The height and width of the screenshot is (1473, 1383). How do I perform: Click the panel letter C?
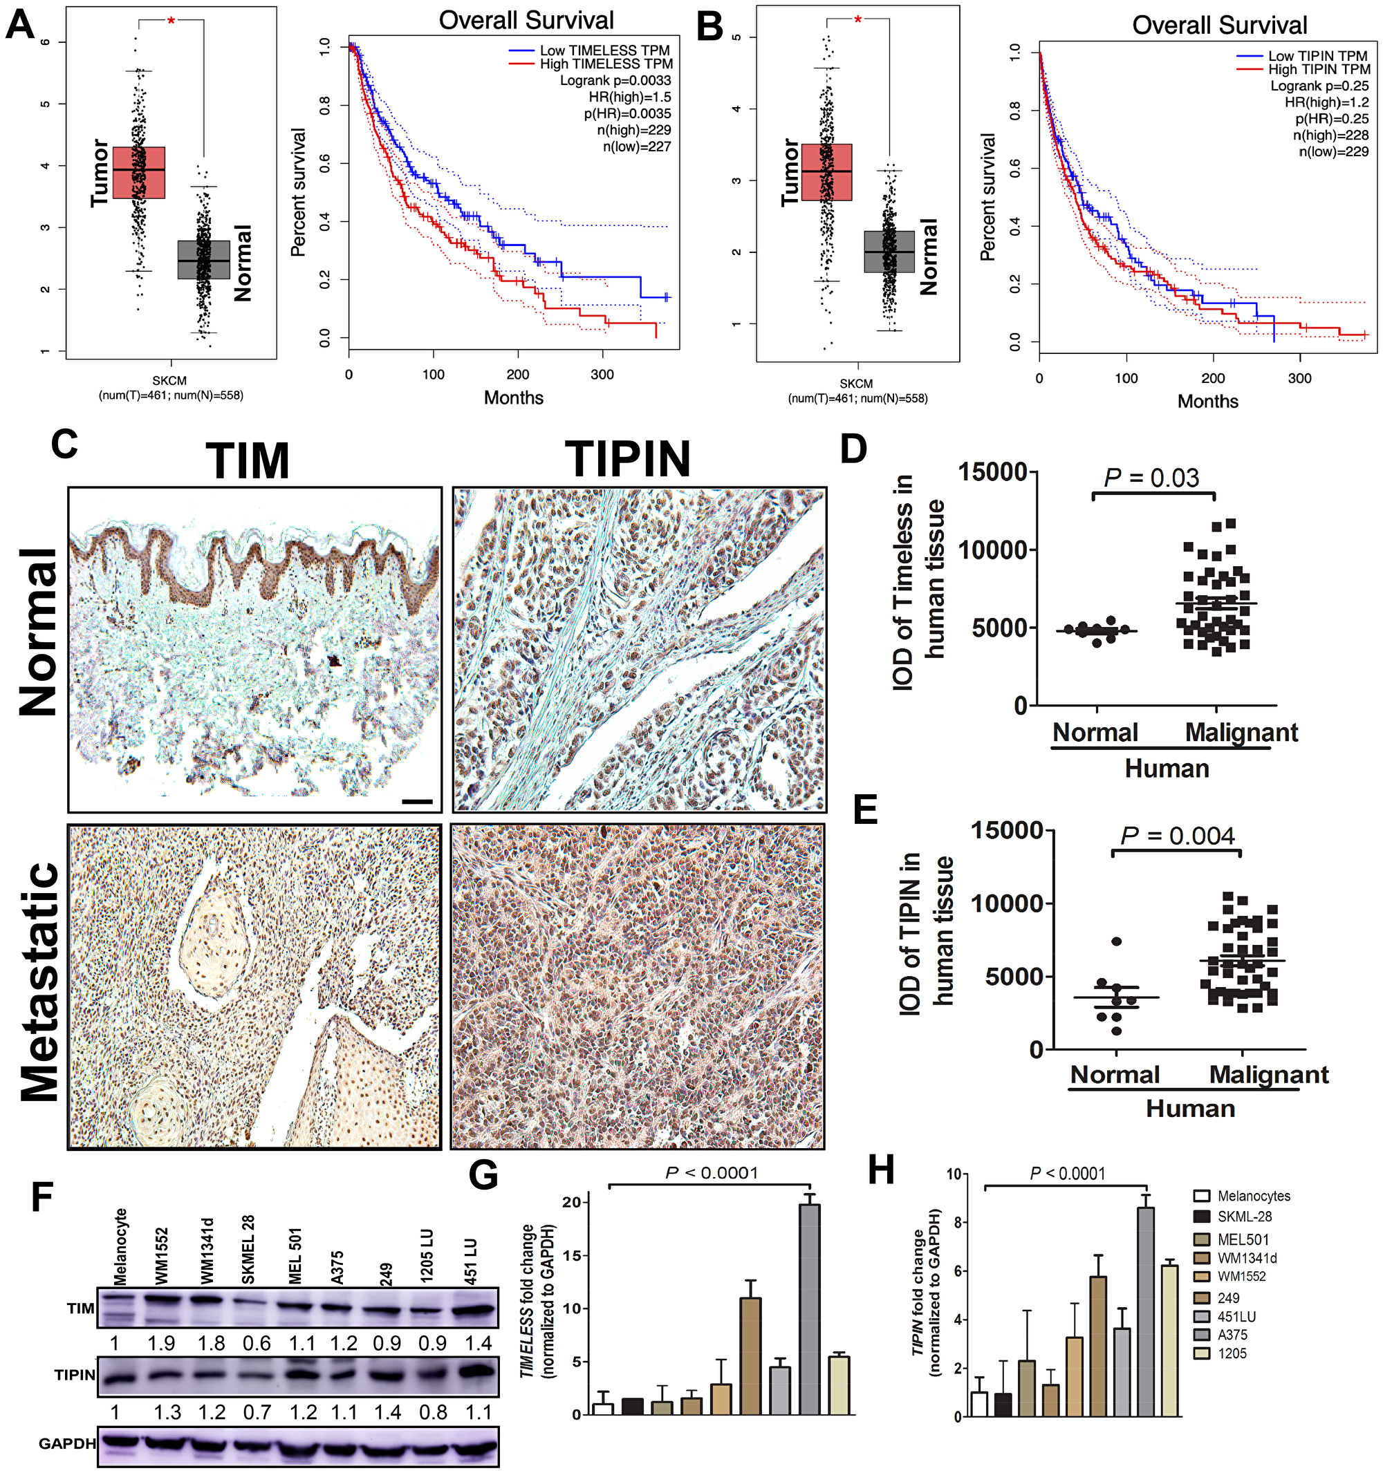[64, 444]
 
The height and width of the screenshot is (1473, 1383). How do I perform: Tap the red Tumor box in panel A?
[138, 173]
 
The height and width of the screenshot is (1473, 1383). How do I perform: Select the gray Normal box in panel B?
[889, 252]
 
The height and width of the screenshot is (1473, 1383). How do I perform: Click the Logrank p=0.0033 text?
[615, 81]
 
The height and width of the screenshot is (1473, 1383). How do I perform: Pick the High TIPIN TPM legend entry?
[1319, 70]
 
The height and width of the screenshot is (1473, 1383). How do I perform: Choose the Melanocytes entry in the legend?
[1252, 1196]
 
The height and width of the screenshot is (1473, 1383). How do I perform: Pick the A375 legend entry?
[1232, 1335]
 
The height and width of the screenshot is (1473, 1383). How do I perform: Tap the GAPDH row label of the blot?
[66, 1443]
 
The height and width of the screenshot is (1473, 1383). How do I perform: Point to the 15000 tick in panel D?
[992, 472]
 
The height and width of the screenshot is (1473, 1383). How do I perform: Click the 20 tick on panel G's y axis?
[570, 1202]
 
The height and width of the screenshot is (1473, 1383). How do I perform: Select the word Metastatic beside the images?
[41, 982]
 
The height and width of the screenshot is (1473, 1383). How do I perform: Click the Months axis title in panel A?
[513, 398]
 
